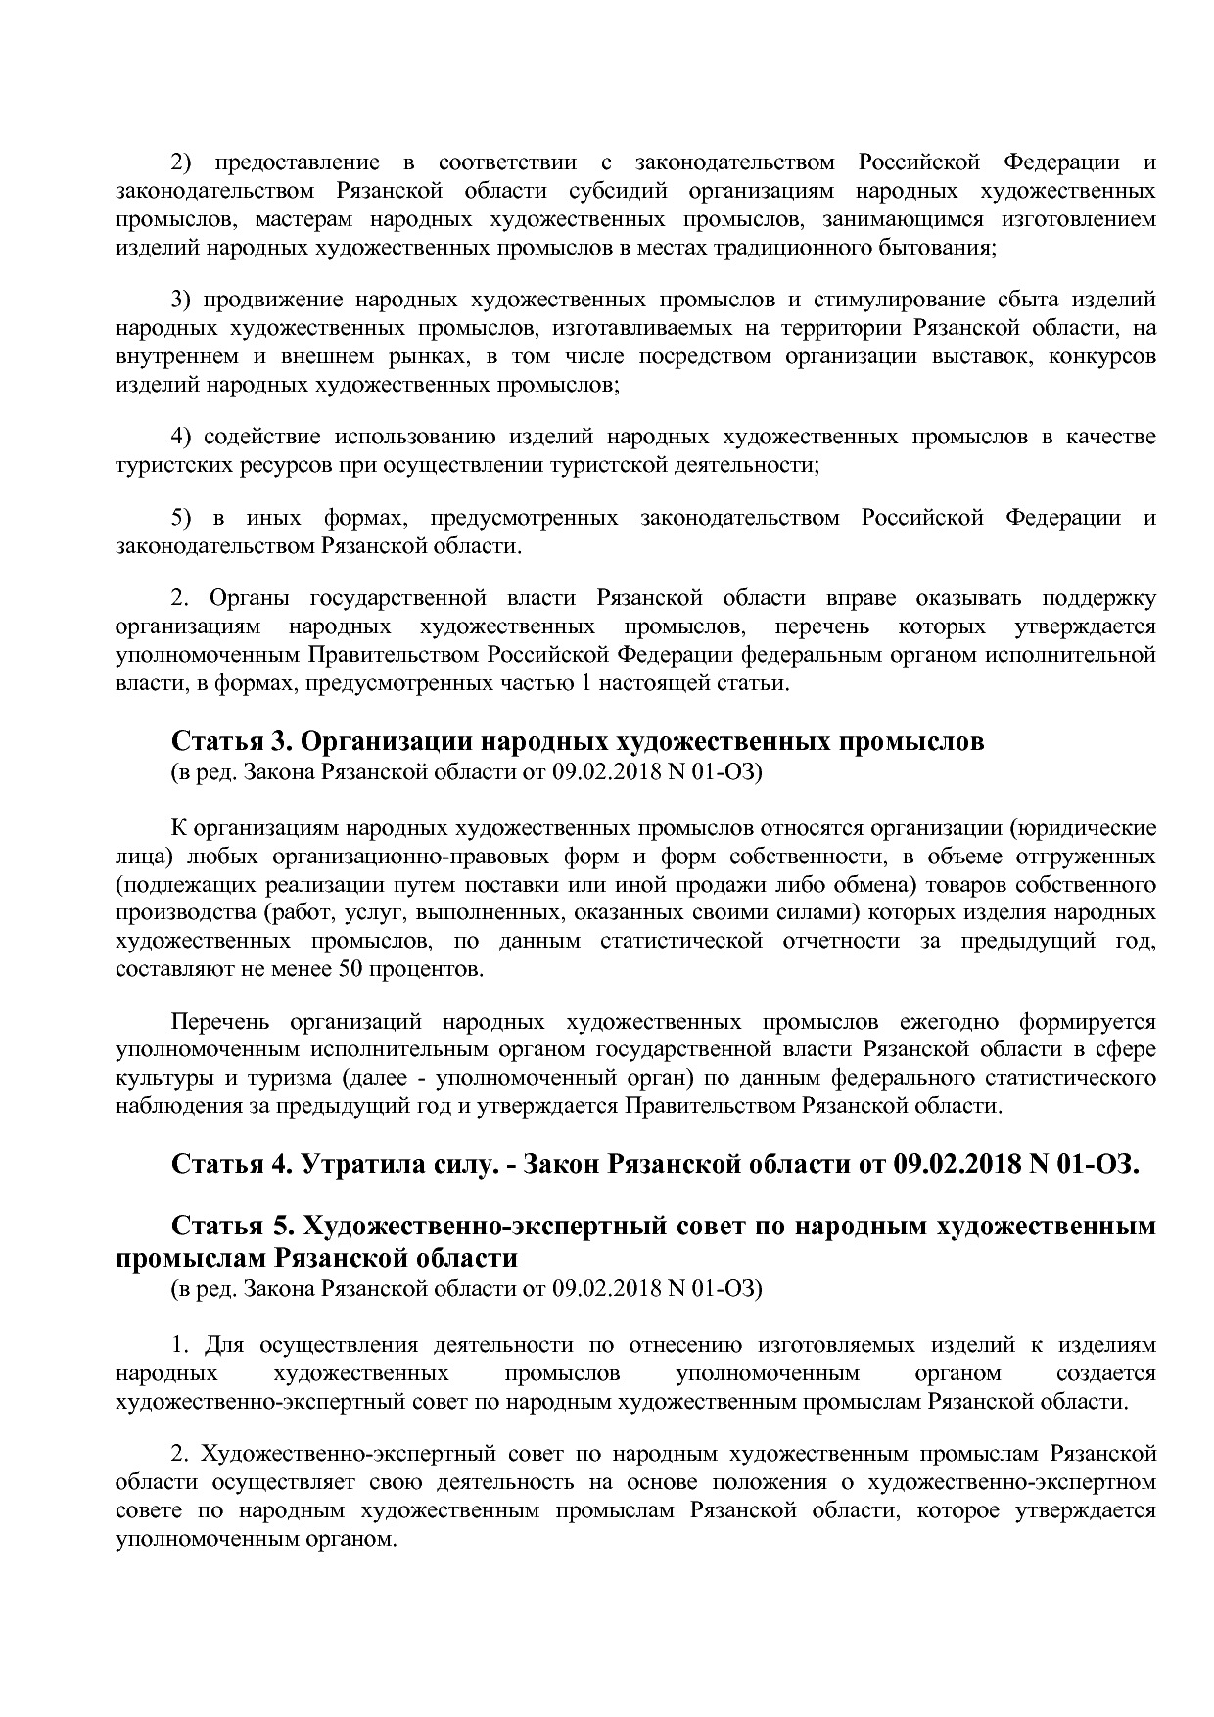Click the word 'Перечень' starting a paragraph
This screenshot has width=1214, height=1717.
click(x=219, y=1022)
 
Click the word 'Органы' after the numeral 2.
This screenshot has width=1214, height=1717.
click(x=249, y=598)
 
